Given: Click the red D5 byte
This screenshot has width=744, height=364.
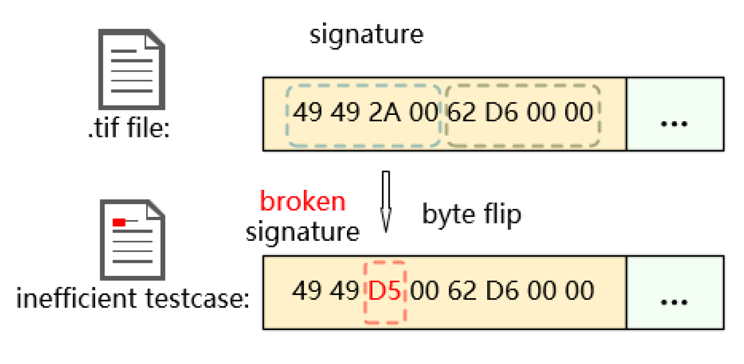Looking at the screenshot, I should pos(385,291).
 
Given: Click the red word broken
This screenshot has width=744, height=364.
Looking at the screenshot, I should pos(302,201).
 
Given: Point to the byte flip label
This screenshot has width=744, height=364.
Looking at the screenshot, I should pos(471,215).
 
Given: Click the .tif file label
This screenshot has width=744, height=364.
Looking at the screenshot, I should pos(129,128).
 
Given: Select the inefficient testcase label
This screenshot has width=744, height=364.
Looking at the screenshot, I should pos(132,298).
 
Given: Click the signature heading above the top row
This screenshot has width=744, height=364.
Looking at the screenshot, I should pos(366,34).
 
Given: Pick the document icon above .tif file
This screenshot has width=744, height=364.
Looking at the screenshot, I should pos(131,69).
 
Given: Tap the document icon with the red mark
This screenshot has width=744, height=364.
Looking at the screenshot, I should pos(132,239).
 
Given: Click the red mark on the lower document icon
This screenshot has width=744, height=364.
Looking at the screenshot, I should pos(119,222).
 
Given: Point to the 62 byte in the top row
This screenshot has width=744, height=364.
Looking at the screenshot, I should pos(461,113).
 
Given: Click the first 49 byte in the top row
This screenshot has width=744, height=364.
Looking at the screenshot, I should pos(307,113).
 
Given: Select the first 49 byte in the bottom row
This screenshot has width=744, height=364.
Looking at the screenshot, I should pos(307,291).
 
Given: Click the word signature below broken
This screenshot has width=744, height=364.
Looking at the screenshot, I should pos(302,232).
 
